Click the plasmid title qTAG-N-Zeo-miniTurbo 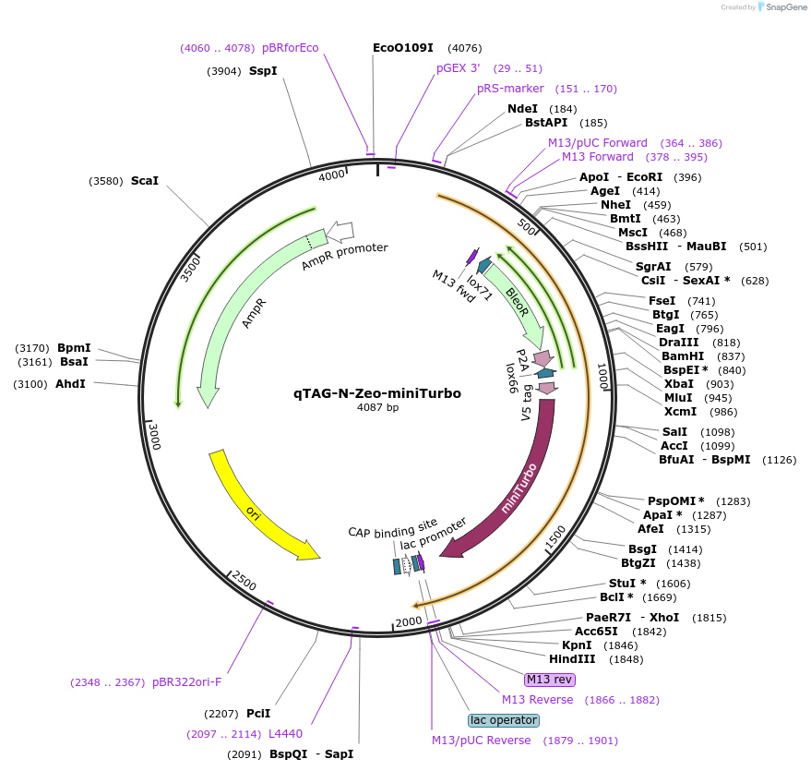click(x=377, y=392)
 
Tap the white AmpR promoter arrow click(x=340, y=230)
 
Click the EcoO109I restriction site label click(x=403, y=48)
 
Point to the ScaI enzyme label click(x=145, y=181)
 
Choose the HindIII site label click(x=575, y=659)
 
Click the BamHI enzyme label click(x=683, y=355)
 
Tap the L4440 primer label click(x=285, y=734)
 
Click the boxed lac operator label click(x=504, y=720)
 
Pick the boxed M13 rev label click(x=549, y=680)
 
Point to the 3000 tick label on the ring click(x=154, y=437)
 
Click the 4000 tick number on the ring click(x=331, y=175)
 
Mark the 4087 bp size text click(x=377, y=407)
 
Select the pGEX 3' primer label click(x=459, y=68)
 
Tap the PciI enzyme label click(x=258, y=714)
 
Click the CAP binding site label click(x=393, y=532)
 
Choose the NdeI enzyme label click(x=523, y=109)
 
